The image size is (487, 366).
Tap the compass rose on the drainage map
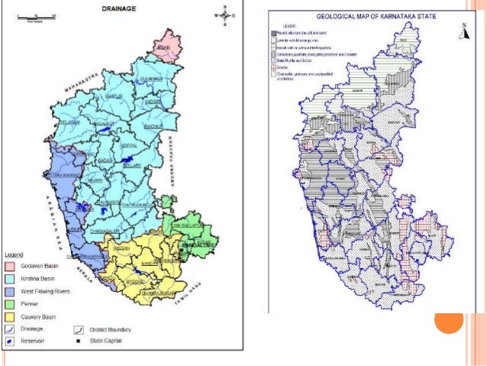click(x=227, y=13)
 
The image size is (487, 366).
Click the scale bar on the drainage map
click(x=34, y=15)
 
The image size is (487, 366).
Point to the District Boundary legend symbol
click(x=79, y=329)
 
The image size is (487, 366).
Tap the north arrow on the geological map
click(x=463, y=31)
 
